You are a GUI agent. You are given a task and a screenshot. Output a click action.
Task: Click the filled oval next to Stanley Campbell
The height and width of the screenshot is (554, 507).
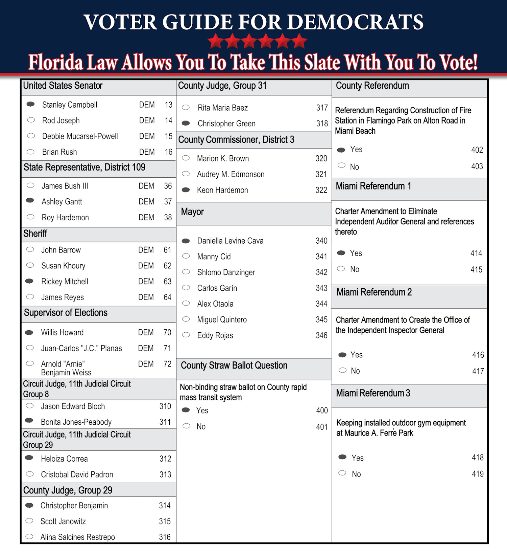pyautogui.click(x=31, y=104)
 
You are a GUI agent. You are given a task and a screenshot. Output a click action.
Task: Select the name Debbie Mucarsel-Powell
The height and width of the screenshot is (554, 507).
pyautogui.click(x=80, y=136)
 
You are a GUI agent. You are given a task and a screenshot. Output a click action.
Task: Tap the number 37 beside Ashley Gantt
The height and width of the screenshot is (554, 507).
pyautogui.click(x=168, y=202)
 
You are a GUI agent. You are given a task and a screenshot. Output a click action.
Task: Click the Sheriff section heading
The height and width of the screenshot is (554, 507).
pyautogui.click(x=35, y=234)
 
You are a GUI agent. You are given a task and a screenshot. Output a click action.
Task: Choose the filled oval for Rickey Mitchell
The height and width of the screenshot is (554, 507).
pyautogui.click(x=30, y=281)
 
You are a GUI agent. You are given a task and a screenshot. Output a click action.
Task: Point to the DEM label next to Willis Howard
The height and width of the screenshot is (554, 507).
pyautogui.click(x=146, y=333)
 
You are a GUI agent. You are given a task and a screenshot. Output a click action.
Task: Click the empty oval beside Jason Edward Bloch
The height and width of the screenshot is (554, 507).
pyautogui.click(x=30, y=406)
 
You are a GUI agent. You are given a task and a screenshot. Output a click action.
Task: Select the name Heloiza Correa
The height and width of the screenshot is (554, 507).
pyautogui.click(x=64, y=459)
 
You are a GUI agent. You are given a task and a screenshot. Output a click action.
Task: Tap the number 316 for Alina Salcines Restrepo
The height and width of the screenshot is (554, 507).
pyautogui.click(x=165, y=537)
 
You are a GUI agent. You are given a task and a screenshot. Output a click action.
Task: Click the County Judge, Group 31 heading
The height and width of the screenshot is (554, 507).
pyautogui.click(x=222, y=86)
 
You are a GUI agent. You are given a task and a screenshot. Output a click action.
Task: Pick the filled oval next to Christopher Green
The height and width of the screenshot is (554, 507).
pyautogui.click(x=186, y=123)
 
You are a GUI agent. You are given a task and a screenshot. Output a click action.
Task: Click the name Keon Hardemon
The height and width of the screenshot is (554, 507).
pyautogui.click(x=222, y=190)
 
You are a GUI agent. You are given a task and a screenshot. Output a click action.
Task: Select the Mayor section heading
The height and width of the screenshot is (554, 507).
pyautogui.click(x=192, y=212)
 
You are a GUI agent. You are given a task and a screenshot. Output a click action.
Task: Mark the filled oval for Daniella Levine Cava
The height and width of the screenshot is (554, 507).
pyautogui.click(x=186, y=241)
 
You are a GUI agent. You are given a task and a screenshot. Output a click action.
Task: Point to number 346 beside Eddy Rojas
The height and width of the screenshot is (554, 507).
pyautogui.click(x=321, y=335)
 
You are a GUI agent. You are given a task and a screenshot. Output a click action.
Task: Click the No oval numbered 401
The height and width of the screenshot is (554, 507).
pyautogui.click(x=186, y=426)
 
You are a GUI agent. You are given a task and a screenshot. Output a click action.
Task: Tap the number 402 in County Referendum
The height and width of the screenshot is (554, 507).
pyautogui.click(x=477, y=150)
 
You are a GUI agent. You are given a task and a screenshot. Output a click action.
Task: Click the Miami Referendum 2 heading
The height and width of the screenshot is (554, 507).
pyautogui.click(x=374, y=292)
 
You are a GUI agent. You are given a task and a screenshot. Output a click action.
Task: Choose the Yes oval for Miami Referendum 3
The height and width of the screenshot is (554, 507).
pyautogui.click(x=343, y=457)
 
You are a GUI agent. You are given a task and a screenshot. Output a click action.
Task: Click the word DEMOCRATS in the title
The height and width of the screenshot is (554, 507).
pyautogui.click(x=355, y=22)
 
